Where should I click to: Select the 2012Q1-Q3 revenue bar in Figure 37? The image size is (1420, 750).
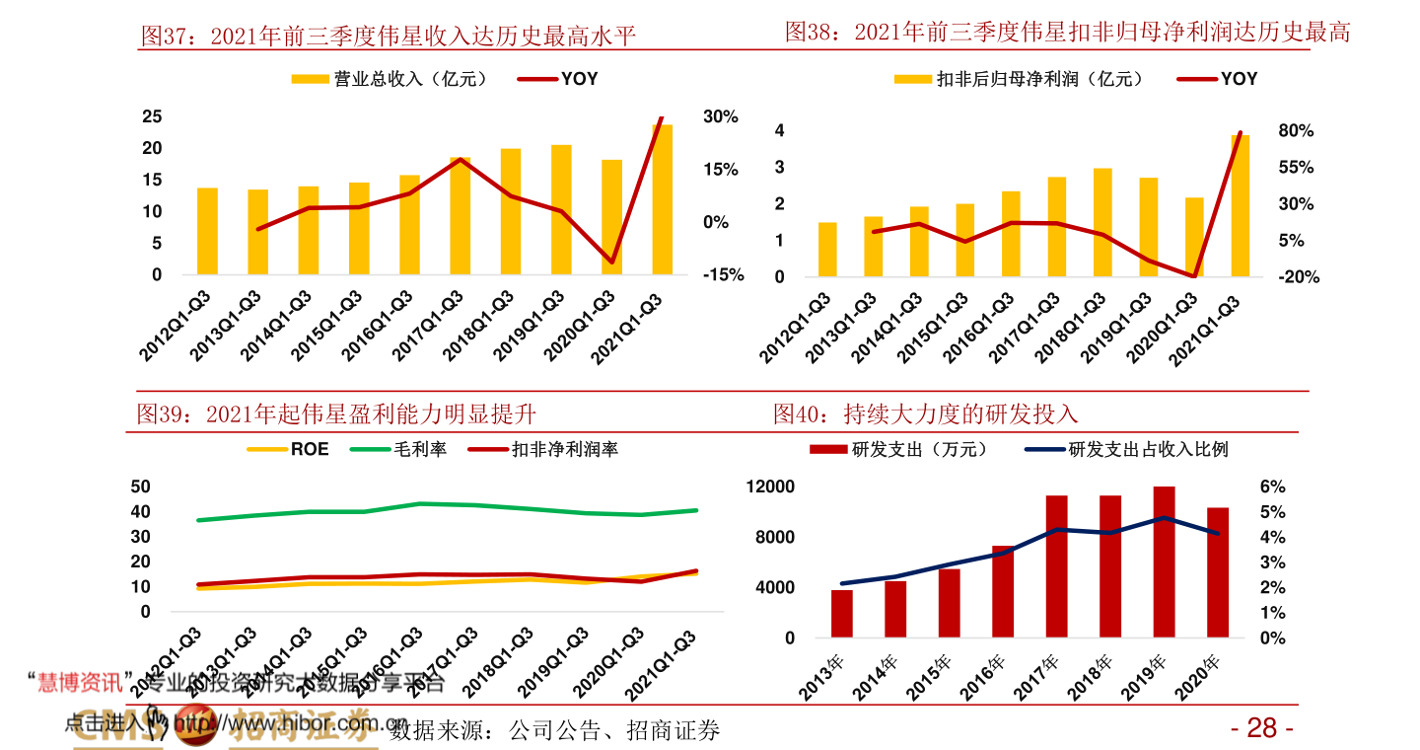[207, 231]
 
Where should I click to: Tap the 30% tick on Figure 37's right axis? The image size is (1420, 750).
[720, 116]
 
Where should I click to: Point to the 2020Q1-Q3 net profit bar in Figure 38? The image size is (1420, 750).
[1194, 237]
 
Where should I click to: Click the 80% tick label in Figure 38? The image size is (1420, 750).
[1296, 131]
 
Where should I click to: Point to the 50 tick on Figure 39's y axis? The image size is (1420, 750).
[140, 487]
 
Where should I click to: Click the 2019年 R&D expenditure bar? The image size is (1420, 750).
[1165, 562]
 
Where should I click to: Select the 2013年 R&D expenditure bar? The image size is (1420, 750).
[842, 613]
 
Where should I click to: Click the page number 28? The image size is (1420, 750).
[1262, 728]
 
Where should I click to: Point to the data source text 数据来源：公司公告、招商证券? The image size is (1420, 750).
[555, 731]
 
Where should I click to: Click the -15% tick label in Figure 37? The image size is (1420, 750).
[723, 275]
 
